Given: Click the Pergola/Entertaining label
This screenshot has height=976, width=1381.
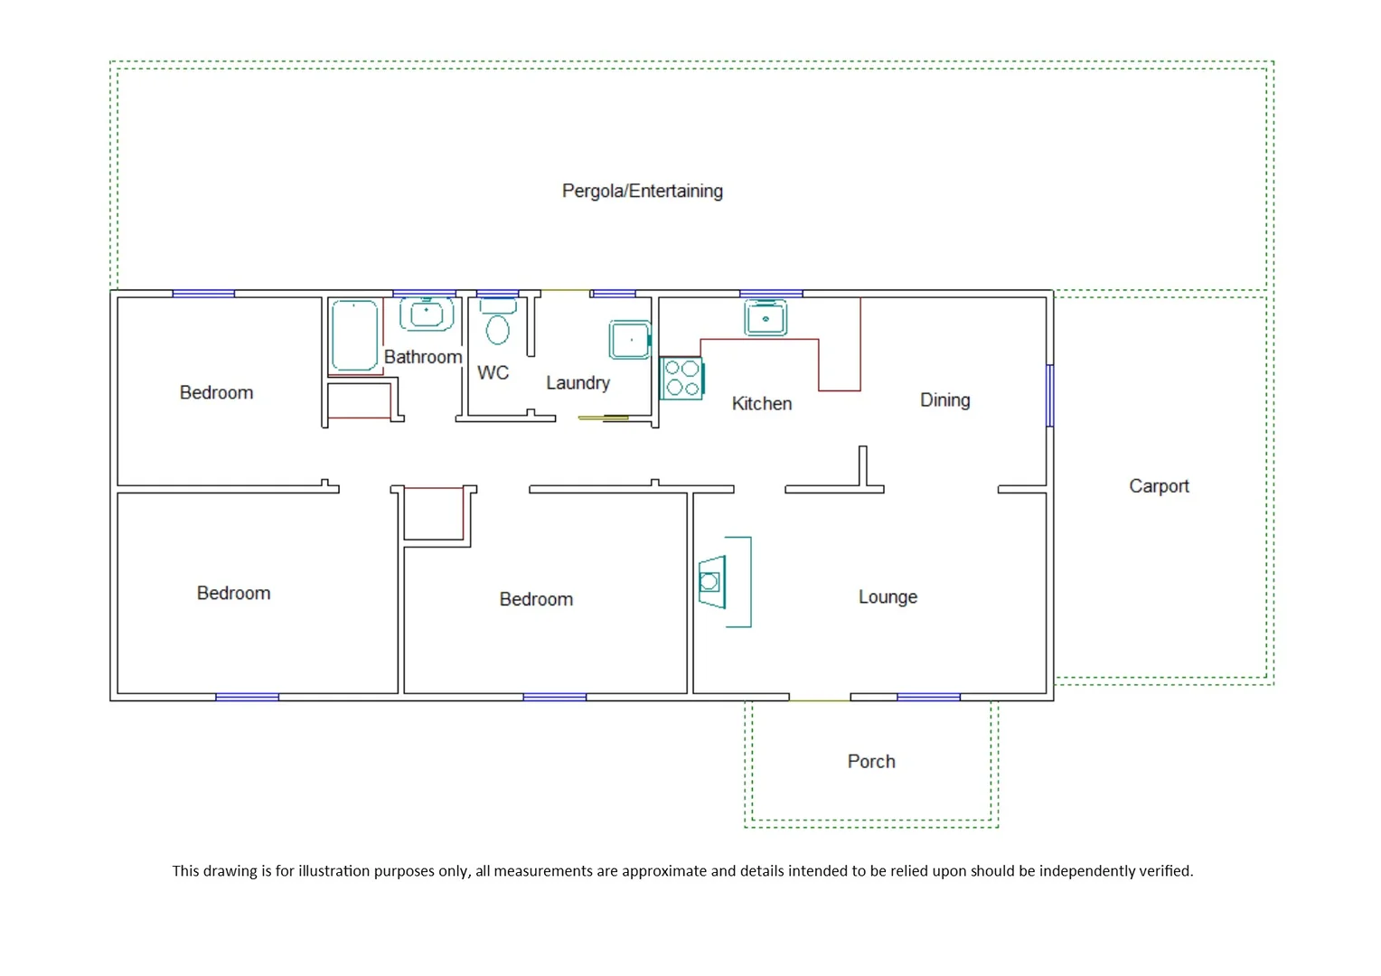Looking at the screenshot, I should [x=642, y=191].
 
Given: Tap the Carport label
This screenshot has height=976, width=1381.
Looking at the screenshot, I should [x=1159, y=486].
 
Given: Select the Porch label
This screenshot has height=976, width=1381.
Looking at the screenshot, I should [x=871, y=762].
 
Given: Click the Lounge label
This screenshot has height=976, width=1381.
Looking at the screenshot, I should [x=888, y=597].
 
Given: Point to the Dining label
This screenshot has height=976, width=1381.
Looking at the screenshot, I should [x=944, y=400].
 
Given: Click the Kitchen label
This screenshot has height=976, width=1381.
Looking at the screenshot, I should [x=761, y=404].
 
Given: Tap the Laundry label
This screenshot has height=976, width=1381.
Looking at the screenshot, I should [x=578, y=383].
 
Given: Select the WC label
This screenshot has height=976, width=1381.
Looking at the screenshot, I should [x=493, y=373].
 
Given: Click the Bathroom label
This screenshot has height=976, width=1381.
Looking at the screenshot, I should [x=423, y=357].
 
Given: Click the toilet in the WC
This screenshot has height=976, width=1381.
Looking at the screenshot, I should [x=497, y=325].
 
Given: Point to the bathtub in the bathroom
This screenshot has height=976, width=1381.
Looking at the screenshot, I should [x=354, y=335].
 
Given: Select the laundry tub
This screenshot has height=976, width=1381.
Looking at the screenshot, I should [x=630, y=340].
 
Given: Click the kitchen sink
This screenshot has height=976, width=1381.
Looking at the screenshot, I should [x=766, y=318].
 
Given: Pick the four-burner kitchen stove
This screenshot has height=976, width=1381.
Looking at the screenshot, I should [x=682, y=379].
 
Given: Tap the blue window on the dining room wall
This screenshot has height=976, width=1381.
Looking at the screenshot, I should [x=1049, y=395].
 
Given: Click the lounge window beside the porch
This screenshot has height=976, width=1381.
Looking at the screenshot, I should [x=928, y=697].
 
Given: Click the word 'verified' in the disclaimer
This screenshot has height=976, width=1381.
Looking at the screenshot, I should [x=1165, y=871].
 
